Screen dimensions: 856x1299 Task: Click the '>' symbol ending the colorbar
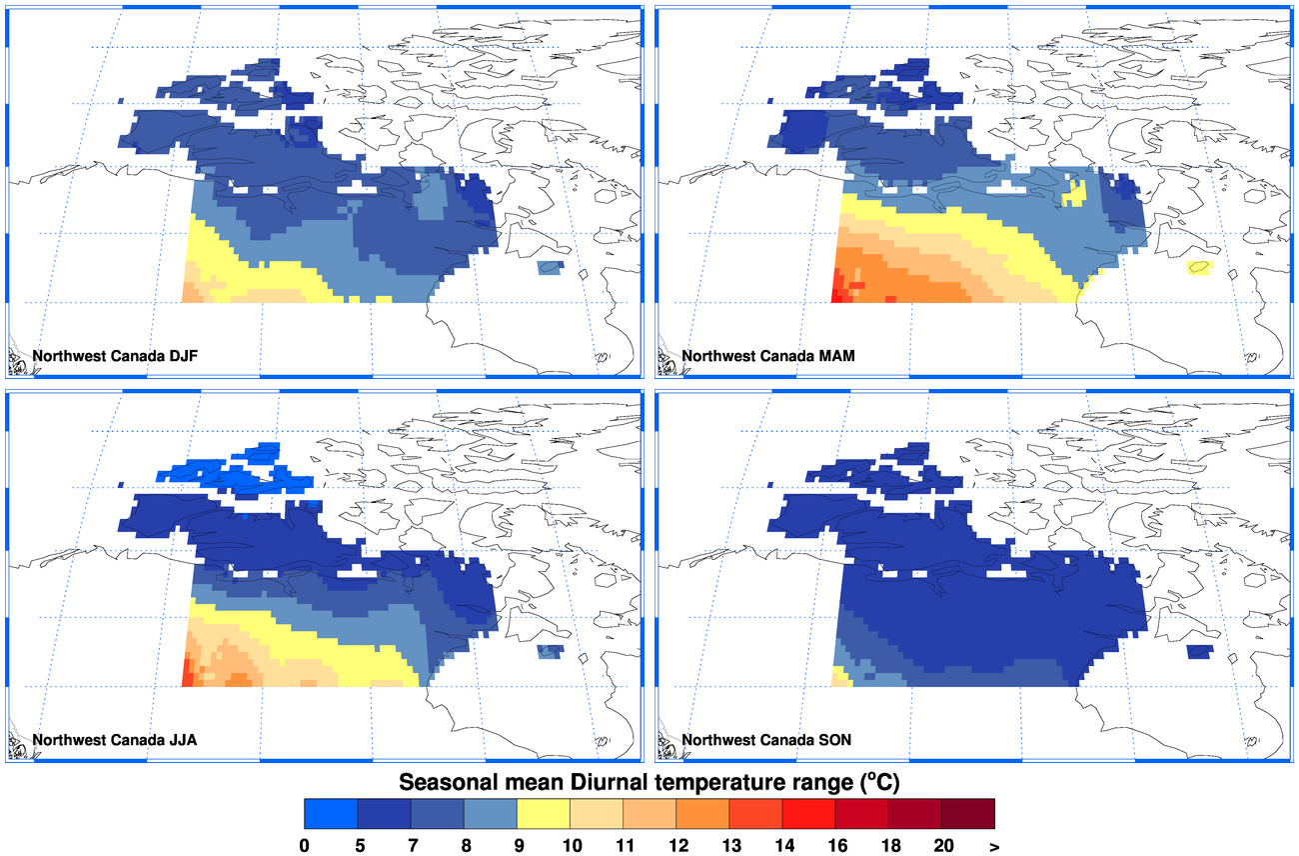click(994, 845)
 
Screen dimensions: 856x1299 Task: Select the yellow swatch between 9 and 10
click(544, 813)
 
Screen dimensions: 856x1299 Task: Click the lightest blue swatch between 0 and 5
click(331, 813)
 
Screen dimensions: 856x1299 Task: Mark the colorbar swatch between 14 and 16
click(809, 813)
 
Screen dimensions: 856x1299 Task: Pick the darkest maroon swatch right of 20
click(968, 813)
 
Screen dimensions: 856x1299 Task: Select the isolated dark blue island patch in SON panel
click(1200, 652)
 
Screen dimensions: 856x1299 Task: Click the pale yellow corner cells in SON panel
click(841, 678)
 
